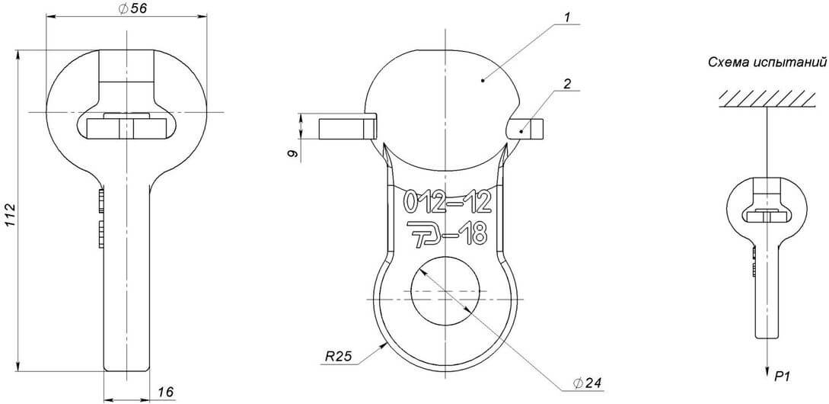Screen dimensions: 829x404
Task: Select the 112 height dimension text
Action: pos(11,216)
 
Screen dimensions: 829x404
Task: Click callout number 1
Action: pos(566,17)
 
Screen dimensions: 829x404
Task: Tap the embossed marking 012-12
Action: pos(448,201)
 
